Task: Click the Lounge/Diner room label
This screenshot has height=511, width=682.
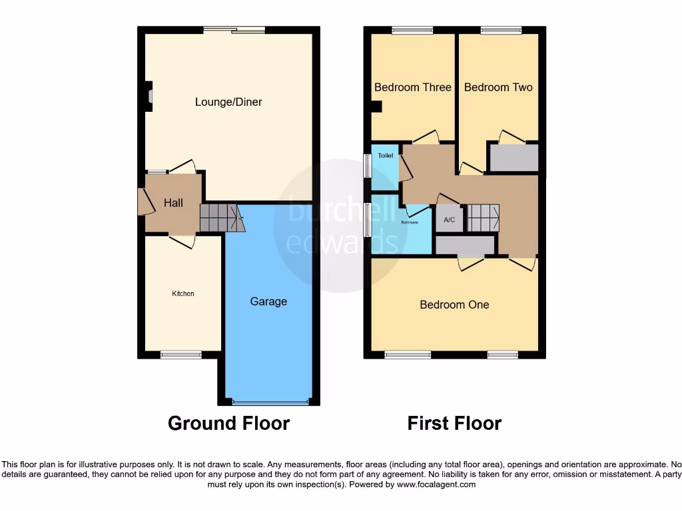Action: pyautogui.click(x=228, y=102)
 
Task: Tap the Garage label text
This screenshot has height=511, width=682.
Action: pyautogui.click(x=268, y=301)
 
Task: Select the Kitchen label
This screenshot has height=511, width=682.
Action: pyautogui.click(x=183, y=293)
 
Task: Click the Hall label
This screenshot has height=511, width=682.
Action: pyautogui.click(x=173, y=202)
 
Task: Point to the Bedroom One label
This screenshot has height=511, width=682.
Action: pyautogui.click(x=454, y=305)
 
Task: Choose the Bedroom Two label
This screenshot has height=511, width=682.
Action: pyautogui.click(x=498, y=87)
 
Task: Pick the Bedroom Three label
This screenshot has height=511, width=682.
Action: pyautogui.click(x=412, y=87)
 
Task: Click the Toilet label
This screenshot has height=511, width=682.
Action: pyautogui.click(x=386, y=156)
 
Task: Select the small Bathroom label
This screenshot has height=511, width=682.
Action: pyautogui.click(x=409, y=222)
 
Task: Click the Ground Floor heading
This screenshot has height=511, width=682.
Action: pyautogui.click(x=228, y=423)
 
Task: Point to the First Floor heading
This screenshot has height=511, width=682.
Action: pyautogui.click(x=454, y=423)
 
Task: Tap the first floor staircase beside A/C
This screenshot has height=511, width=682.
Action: pyautogui.click(x=483, y=218)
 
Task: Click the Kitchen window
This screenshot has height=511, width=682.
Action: pyautogui.click(x=180, y=355)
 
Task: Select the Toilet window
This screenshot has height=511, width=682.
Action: pyautogui.click(x=367, y=166)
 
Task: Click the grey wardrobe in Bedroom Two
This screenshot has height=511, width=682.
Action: pyautogui.click(x=513, y=158)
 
